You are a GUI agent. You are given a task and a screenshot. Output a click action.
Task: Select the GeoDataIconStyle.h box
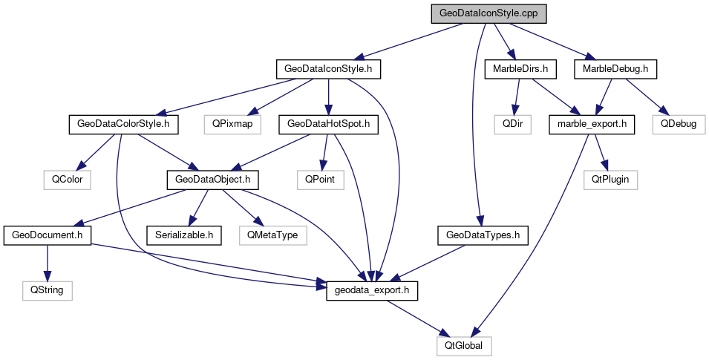point(328,69)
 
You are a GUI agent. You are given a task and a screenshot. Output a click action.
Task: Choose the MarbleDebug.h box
point(615,69)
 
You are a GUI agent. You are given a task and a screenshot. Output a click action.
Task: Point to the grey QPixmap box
point(232,124)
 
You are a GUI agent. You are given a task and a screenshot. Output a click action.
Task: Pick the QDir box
point(516,124)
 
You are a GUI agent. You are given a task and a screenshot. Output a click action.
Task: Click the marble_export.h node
point(592,124)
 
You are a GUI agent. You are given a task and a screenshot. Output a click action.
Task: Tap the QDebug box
point(678,124)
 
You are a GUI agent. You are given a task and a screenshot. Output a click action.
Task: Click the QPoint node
point(320,179)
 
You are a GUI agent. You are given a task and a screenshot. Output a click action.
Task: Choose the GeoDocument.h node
point(47,235)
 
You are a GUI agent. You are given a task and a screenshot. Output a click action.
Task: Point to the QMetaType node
point(273,235)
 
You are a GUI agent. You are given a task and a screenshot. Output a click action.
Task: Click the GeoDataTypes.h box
point(482,235)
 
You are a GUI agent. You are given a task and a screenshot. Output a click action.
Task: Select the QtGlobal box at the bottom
point(464,345)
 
